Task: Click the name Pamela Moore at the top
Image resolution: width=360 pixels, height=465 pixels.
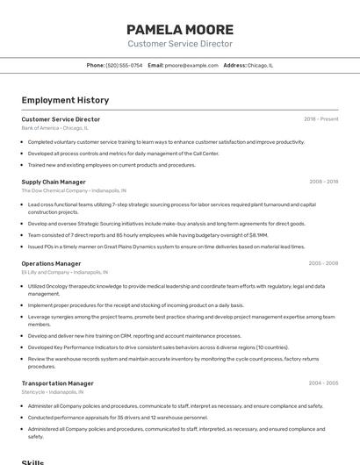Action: [x=180, y=29]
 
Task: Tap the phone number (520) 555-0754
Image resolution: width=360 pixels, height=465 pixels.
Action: [x=124, y=65]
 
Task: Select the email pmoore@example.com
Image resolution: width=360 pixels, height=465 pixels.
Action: [x=191, y=65]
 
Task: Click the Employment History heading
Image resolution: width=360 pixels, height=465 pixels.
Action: [x=59, y=100]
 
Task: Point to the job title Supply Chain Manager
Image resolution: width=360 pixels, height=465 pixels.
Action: [x=54, y=182]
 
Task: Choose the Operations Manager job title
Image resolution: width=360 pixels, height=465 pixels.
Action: [x=51, y=263]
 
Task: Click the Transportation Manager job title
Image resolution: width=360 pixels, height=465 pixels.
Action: [x=57, y=383]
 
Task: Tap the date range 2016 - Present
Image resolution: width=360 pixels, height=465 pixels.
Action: [x=320, y=119]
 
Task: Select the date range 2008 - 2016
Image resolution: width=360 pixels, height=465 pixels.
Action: [x=323, y=182]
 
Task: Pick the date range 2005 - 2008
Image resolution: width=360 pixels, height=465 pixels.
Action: [x=323, y=263]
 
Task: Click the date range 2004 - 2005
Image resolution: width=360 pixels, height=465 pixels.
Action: [x=323, y=383]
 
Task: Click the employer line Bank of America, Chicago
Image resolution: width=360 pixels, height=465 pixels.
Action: [x=54, y=128]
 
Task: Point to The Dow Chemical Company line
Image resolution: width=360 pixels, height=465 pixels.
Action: [x=74, y=190]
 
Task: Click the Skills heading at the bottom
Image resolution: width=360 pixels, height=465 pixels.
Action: [x=32, y=461]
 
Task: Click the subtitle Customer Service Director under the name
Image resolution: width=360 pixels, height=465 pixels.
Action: [x=180, y=44]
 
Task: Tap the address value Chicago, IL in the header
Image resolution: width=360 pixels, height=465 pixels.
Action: [x=260, y=65]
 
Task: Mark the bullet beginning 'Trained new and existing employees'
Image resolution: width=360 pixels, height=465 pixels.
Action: [x=112, y=165]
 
